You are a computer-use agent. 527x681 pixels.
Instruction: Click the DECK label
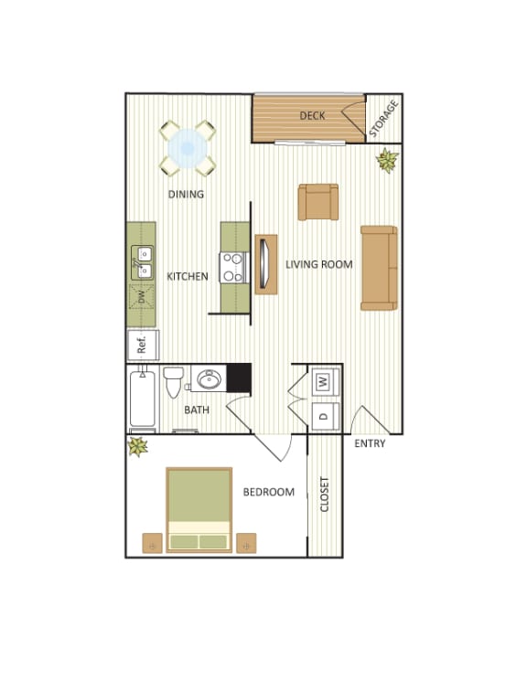click(x=313, y=116)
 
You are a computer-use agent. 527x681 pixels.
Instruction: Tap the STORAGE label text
click(x=384, y=120)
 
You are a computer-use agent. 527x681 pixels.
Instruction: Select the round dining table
click(x=188, y=146)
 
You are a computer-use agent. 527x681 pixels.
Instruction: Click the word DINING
click(x=185, y=195)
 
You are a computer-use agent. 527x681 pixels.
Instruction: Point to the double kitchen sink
click(x=143, y=261)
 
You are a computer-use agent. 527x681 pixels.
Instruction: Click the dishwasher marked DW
click(x=142, y=295)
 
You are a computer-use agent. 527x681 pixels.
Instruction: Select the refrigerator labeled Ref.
click(x=143, y=345)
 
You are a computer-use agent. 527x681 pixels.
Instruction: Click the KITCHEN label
click(x=187, y=277)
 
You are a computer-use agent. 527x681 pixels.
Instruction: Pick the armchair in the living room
click(x=318, y=201)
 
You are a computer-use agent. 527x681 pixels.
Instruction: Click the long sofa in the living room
click(x=379, y=267)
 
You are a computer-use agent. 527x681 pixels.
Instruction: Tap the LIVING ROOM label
click(x=318, y=265)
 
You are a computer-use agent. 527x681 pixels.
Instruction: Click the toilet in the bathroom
click(x=174, y=383)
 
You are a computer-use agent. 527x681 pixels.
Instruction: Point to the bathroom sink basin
click(x=208, y=379)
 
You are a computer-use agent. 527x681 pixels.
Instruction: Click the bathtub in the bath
click(x=143, y=400)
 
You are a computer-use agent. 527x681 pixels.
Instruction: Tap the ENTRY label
click(x=370, y=444)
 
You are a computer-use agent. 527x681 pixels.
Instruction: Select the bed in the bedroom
click(x=199, y=509)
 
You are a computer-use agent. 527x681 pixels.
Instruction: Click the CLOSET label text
click(x=325, y=495)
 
